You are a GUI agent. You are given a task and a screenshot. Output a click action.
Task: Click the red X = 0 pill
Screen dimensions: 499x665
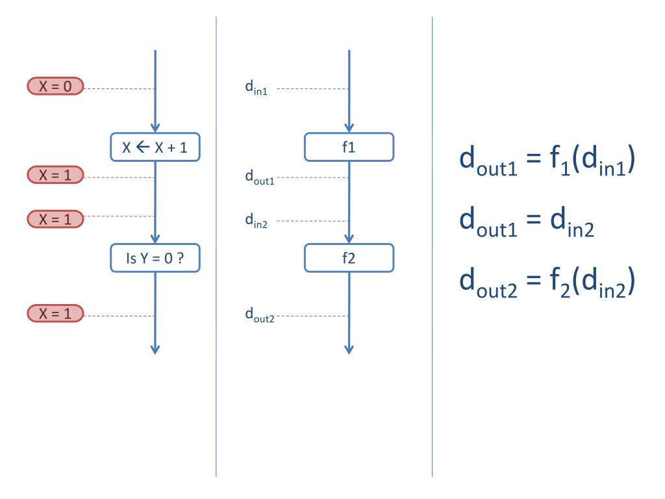pyautogui.click(x=55, y=86)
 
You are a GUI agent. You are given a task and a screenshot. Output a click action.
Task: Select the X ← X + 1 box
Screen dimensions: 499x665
pyautogui.click(x=155, y=147)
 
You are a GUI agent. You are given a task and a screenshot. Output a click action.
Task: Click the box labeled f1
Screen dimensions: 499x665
pyautogui.click(x=349, y=147)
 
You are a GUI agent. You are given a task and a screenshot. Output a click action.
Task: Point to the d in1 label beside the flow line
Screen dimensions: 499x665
pyautogui.click(x=256, y=89)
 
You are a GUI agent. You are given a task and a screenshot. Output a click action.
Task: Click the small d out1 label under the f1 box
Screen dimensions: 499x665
pyautogui.click(x=259, y=177)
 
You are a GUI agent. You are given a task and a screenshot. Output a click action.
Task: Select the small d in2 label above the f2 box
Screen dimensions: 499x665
pyautogui.click(x=257, y=221)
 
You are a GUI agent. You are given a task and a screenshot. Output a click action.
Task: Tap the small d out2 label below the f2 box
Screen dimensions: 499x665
pyautogui.click(x=259, y=316)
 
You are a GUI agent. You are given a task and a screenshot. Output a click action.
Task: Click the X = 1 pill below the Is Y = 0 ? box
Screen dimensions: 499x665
pyautogui.click(x=55, y=314)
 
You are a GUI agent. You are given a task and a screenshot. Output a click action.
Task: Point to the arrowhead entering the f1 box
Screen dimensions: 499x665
pyautogui.click(x=349, y=127)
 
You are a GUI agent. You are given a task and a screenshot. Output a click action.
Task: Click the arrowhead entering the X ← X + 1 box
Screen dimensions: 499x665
pyautogui.click(x=155, y=127)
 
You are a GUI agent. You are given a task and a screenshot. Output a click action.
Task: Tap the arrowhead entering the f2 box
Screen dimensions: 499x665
pyautogui.click(x=349, y=238)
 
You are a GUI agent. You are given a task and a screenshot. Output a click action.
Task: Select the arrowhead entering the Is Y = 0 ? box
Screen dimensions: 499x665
pyautogui.click(x=155, y=238)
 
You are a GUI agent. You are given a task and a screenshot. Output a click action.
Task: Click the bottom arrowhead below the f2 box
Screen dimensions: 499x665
pyautogui.click(x=349, y=349)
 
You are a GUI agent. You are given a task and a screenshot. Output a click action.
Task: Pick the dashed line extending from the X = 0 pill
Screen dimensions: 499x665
pyautogui.click(x=119, y=88)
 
